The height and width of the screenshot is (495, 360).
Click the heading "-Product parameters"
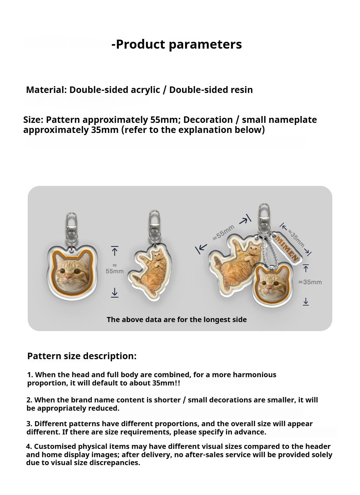(176, 44)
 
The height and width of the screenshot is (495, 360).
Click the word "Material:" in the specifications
(46, 90)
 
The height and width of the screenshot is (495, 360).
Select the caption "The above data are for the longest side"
(176, 320)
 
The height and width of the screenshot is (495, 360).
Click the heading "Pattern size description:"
(82, 356)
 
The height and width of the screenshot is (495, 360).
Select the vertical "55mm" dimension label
(114, 271)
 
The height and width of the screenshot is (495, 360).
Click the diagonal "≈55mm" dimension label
(224, 232)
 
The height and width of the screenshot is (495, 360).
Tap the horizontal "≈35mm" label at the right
(310, 282)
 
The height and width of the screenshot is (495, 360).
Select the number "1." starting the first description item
(30, 375)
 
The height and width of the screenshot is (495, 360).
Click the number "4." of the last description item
(29, 446)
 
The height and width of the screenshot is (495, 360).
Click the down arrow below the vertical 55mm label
(114, 293)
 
